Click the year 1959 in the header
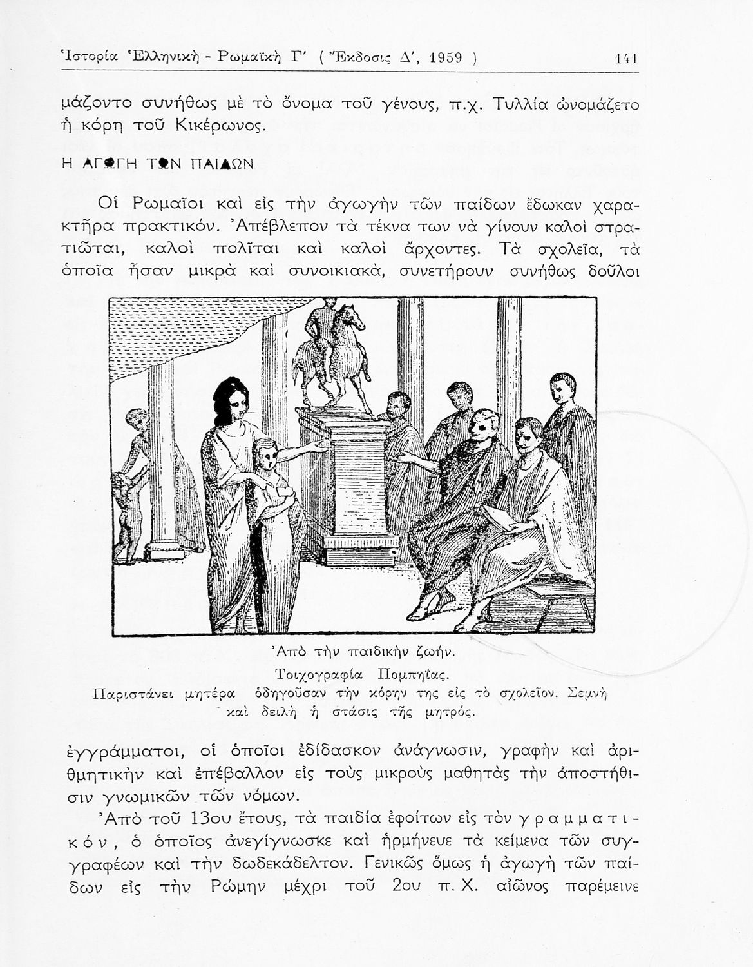(x=446, y=58)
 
